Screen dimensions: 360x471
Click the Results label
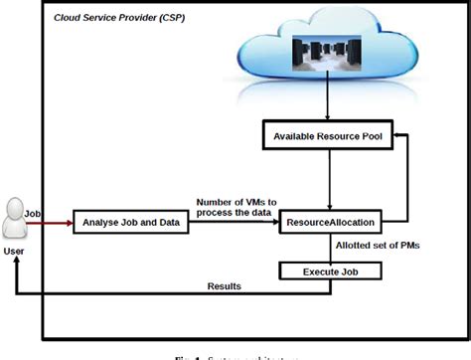224,286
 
